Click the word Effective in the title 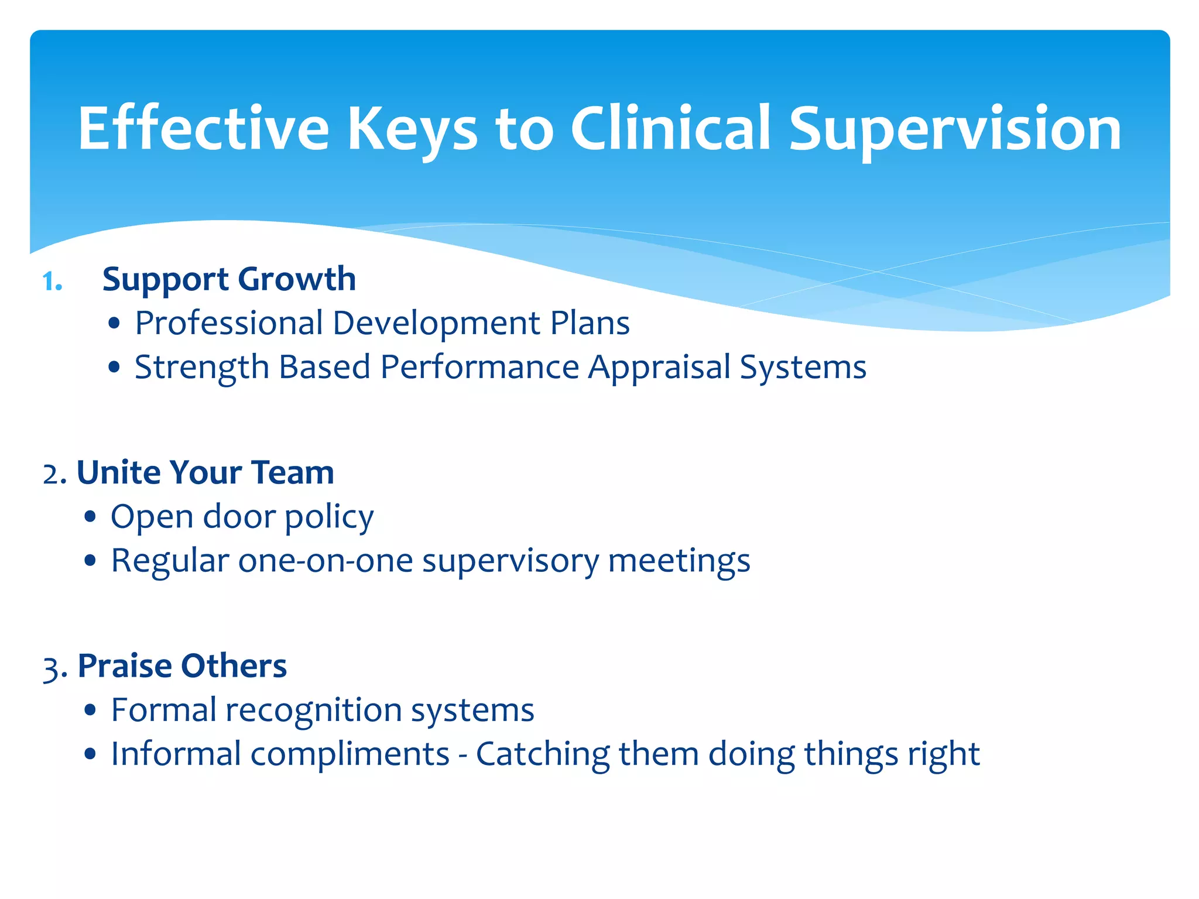(x=204, y=128)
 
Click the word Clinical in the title (x=670, y=128)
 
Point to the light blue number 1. (x=52, y=282)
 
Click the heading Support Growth (x=229, y=280)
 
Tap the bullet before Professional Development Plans (x=114, y=324)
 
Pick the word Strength (x=201, y=368)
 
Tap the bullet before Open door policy (x=90, y=517)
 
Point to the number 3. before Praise (x=54, y=667)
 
